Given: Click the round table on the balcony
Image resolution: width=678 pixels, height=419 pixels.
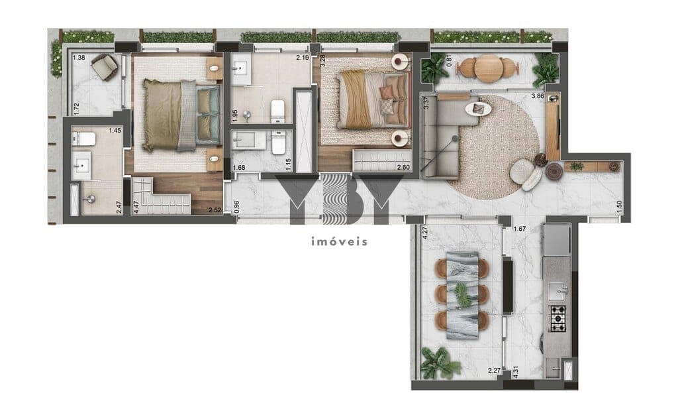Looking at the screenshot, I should coord(489,68).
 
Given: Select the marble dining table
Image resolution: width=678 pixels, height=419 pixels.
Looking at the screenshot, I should coord(462,295).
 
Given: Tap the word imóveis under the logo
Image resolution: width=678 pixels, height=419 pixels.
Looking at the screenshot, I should coord(339,241).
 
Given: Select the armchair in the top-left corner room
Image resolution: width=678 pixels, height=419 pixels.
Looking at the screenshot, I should coord(104,67).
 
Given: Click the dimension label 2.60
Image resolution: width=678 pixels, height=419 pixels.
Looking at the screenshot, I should coord(403,168).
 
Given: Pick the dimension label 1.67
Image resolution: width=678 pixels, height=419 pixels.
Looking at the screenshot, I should coord(520,230).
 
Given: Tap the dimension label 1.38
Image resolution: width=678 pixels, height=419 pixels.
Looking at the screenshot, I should coord(79,58).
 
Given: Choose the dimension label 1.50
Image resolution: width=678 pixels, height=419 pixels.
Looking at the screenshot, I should coord(619,206).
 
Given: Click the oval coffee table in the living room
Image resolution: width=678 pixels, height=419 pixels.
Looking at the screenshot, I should coord(477,108).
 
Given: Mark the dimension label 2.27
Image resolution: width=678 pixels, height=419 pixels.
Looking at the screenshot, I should coord(493,371).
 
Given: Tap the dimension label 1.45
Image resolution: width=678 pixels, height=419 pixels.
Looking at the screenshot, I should coord(115,131).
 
